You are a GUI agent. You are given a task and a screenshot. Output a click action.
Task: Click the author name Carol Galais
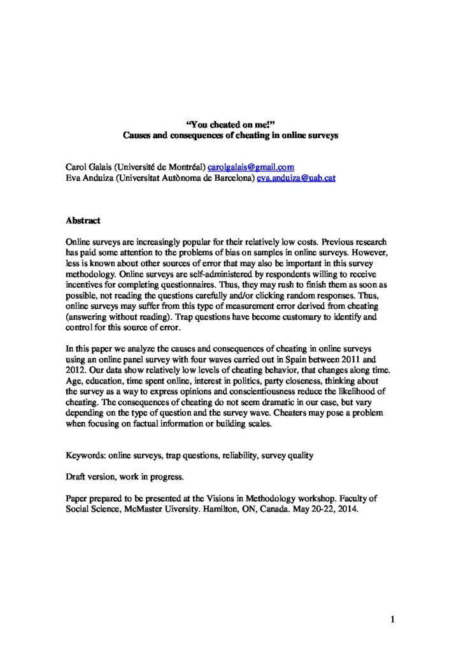86,167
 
